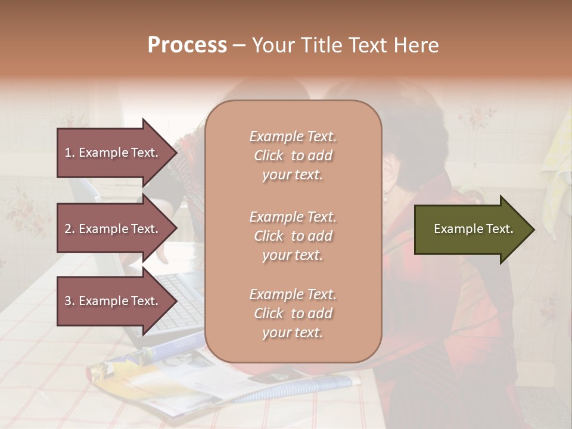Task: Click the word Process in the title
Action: click(x=187, y=45)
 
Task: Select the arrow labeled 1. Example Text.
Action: click(x=113, y=153)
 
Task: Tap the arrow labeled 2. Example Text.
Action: click(x=113, y=229)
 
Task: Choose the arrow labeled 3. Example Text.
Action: click(x=113, y=301)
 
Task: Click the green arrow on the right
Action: click(x=471, y=229)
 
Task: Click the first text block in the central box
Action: click(x=293, y=156)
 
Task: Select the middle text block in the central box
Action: click(x=293, y=236)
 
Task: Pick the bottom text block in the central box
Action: click(x=293, y=313)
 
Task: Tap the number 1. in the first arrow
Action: click(x=70, y=153)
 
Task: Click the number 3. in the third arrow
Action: click(x=70, y=301)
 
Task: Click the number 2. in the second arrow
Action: click(x=70, y=229)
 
